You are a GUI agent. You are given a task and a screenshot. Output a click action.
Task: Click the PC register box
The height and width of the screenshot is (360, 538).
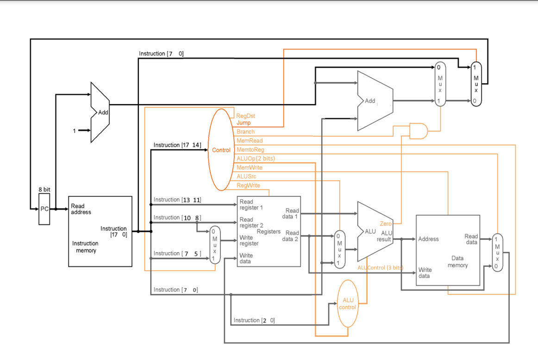[44, 209]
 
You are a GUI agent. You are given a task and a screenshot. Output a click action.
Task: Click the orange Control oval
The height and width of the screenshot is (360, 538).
[221, 150]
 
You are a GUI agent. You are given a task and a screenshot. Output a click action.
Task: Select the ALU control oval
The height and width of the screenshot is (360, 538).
[347, 304]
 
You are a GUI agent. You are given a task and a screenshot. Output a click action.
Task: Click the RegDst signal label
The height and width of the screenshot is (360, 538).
[245, 116]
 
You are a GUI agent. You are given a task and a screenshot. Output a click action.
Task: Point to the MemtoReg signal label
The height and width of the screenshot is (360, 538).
[250, 149]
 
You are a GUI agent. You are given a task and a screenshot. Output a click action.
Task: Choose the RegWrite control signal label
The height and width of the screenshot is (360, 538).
[248, 185]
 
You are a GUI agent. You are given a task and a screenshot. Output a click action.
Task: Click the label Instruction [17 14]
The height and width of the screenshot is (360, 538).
[177, 145]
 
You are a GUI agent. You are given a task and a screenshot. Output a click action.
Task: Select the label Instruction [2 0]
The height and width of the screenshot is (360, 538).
[254, 320]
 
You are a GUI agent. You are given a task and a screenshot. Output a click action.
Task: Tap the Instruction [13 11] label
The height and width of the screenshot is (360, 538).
[177, 199]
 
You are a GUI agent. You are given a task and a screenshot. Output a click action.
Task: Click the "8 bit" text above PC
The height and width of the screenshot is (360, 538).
[44, 190]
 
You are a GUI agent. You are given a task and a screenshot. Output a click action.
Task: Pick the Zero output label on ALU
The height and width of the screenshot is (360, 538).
[385, 223]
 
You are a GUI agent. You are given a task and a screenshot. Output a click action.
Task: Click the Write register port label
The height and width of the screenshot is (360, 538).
[249, 240]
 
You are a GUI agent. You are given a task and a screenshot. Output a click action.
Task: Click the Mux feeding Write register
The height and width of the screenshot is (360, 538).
[215, 245]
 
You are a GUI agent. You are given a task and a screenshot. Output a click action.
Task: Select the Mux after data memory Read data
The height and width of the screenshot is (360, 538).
[497, 253]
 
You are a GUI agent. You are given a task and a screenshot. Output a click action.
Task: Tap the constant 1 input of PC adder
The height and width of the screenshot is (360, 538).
[74, 131]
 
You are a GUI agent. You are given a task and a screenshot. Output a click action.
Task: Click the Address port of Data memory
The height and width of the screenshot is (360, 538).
[428, 239]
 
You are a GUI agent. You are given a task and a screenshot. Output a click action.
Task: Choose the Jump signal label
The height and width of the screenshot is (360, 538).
[244, 123]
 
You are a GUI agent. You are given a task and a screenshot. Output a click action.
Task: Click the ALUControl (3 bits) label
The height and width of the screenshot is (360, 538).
[380, 267]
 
